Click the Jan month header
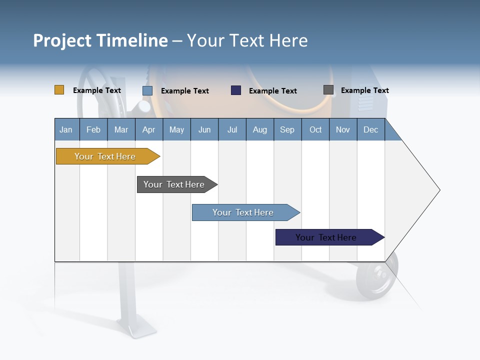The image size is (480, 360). (66, 130)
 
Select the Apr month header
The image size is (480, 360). (149, 130)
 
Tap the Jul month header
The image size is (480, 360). (232, 130)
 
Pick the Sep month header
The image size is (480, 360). (287, 130)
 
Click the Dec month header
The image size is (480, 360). (370, 130)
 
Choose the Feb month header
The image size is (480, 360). (93, 130)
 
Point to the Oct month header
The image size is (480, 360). (315, 130)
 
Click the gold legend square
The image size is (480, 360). (59, 90)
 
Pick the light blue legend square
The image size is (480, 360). (147, 90)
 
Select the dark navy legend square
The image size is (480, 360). (236, 90)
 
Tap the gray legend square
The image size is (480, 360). (328, 90)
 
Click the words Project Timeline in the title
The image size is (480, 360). (100, 40)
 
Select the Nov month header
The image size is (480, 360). (343, 130)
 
